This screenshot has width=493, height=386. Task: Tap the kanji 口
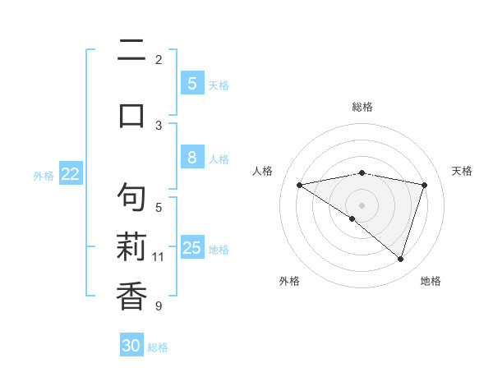click(x=131, y=115)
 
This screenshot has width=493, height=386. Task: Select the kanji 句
click(x=131, y=198)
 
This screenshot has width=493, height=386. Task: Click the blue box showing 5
click(x=191, y=84)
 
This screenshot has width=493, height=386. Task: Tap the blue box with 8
click(x=191, y=159)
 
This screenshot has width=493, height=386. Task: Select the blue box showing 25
click(x=191, y=248)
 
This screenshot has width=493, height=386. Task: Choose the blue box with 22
click(x=71, y=174)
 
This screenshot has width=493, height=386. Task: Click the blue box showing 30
click(x=131, y=346)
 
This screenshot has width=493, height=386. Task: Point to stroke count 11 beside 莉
click(x=159, y=257)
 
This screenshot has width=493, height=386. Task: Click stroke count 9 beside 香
click(x=159, y=307)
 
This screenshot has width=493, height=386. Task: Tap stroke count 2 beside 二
click(x=159, y=60)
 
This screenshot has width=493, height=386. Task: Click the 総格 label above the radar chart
click(x=362, y=107)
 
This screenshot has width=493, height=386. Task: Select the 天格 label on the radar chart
click(x=462, y=171)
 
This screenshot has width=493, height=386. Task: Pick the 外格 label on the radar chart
click(x=288, y=281)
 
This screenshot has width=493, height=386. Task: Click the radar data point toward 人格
click(x=300, y=185)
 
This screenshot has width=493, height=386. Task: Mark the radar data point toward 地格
click(x=400, y=259)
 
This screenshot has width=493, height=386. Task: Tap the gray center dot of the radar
click(x=362, y=204)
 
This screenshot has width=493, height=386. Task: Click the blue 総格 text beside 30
click(x=158, y=347)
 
